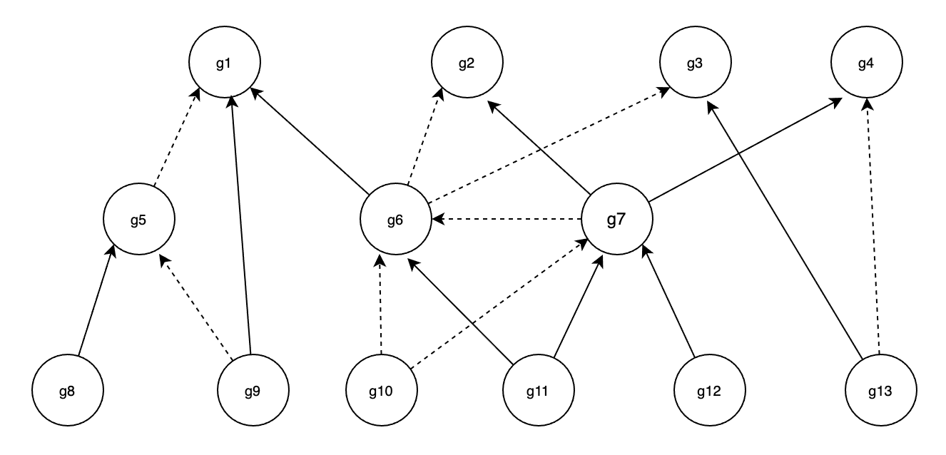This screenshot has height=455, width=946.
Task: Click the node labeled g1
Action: click(x=224, y=63)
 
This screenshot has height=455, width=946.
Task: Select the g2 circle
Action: click(x=467, y=63)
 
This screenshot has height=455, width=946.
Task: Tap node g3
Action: click(x=695, y=63)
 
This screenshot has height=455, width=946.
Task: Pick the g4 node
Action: click(x=866, y=63)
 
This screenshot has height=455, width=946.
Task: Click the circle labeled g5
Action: click(x=138, y=219)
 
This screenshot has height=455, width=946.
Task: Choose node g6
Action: click(x=395, y=219)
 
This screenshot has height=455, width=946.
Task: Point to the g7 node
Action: click(x=616, y=219)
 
